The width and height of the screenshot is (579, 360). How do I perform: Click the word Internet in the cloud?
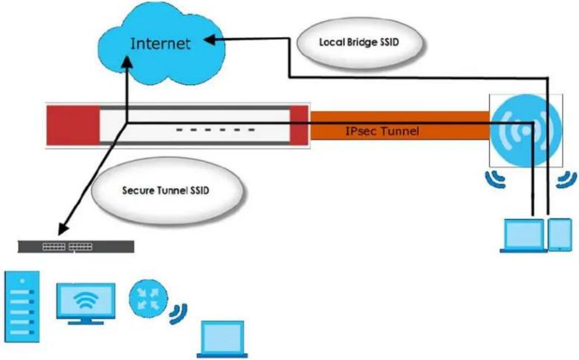[x=161, y=44]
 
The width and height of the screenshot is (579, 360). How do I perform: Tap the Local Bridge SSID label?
[x=359, y=42]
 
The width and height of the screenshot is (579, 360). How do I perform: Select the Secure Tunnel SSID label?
[x=165, y=190]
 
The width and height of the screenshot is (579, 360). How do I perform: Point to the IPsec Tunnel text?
[x=382, y=131]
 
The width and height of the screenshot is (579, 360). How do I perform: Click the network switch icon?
[x=76, y=247]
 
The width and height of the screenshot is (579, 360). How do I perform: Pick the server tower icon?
[x=22, y=306]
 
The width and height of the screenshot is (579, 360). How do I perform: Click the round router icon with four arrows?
[x=148, y=298]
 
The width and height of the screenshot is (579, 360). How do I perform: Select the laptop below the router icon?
[x=222, y=339]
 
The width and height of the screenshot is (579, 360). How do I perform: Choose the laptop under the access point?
[x=524, y=236]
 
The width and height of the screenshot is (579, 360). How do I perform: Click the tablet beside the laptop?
[x=560, y=235]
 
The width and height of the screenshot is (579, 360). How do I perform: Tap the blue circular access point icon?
[x=526, y=130]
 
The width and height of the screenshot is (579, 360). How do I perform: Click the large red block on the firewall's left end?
[x=73, y=125]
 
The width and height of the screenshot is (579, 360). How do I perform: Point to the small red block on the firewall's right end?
[x=299, y=125]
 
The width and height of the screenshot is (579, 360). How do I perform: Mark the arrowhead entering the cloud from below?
[x=128, y=62]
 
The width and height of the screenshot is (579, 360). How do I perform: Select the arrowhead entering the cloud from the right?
[x=210, y=39]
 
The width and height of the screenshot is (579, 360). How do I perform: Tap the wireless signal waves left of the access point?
[x=495, y=179]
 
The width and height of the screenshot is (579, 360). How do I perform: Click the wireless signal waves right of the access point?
[x=567, y=179]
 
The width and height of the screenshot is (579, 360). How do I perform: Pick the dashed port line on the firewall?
[x=216, y=129]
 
